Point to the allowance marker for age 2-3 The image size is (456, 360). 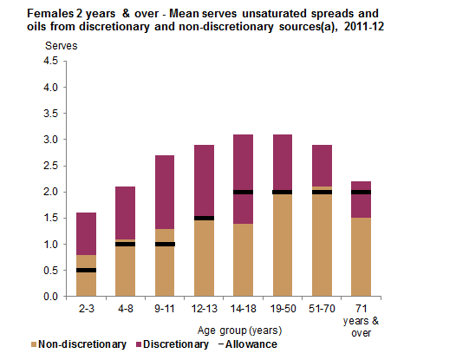(85, 270)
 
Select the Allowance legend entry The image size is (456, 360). (246, 344)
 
